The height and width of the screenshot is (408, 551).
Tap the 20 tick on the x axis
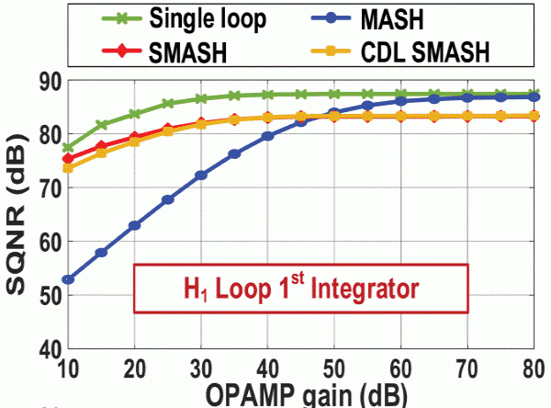coord(135,368)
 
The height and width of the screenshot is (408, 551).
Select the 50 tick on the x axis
coord(333,368)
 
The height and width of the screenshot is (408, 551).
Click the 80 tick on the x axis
coord(531,368)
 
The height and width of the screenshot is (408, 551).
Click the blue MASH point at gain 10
coord(68,279)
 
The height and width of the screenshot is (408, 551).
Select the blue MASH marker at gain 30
coord(201,175)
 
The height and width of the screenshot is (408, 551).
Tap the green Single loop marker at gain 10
coord(68,148)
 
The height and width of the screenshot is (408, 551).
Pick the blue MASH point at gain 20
coord(135,225)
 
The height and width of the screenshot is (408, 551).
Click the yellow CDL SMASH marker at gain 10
coord(68,168)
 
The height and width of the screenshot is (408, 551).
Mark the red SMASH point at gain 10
coord(68,159)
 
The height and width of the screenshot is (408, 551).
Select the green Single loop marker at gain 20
coord(135,114)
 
